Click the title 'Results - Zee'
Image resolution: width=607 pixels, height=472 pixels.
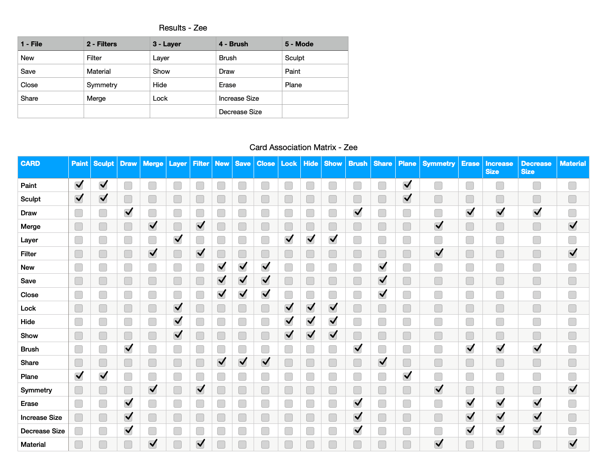(183, 28)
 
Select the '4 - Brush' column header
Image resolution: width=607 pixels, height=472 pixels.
(233, 44)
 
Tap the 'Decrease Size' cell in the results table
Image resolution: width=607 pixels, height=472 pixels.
(240, 112)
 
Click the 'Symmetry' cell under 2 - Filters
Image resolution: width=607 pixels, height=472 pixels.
(102, 85)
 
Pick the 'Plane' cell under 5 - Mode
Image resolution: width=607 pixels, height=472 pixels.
(293, 85)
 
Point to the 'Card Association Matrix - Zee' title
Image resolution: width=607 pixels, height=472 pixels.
(303, 147)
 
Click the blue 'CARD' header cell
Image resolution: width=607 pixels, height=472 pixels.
(31, 164)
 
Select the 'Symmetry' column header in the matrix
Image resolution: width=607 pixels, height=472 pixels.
(438, 164)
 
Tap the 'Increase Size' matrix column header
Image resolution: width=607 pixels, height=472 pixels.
(499, 167)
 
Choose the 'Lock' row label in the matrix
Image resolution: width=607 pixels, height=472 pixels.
(28, 308)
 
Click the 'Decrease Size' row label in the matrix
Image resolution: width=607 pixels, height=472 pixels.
(43, 431)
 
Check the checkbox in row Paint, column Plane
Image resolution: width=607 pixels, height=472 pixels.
(407, 185)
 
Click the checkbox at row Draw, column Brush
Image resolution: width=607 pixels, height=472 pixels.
(357, 213)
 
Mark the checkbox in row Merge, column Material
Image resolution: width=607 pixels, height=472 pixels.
(572, 226)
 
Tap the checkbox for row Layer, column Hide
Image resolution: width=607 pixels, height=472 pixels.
(310, 240)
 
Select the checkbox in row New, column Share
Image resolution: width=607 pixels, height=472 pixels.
(382, 267)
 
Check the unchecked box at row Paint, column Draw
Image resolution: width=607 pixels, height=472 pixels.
(128, 186)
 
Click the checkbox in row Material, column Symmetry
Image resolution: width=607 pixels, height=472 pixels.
(438, 444)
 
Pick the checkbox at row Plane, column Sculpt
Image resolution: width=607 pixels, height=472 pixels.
(103, 376)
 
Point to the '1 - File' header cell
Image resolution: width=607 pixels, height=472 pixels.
(31, 44)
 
